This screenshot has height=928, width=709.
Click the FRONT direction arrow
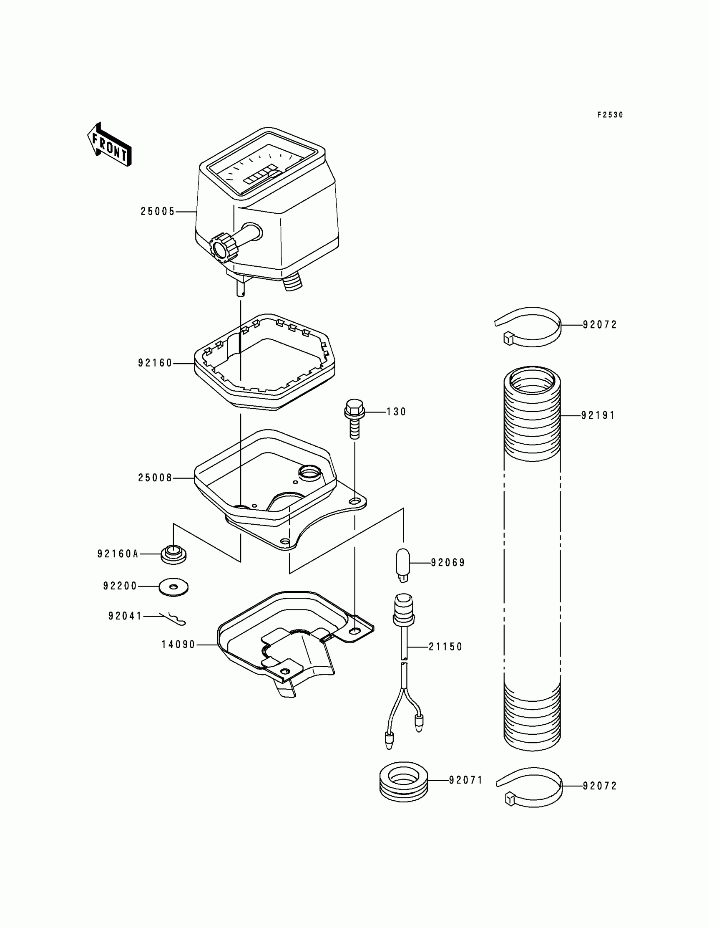point(109,144)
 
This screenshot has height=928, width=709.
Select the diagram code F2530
point(610,115)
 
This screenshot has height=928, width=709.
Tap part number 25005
point(157,212)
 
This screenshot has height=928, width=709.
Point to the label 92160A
point(118,554)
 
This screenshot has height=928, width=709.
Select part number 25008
point(155,478)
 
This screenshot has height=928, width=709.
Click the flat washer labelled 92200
point(173,587)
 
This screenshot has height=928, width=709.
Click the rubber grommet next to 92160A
point(173,554)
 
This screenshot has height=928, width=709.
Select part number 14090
point(178,645)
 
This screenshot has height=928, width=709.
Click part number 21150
point(445,647)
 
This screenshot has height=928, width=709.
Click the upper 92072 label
point(600,325)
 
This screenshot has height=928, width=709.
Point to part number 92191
point(598,416)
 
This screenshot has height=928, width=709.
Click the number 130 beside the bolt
point(396,412)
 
